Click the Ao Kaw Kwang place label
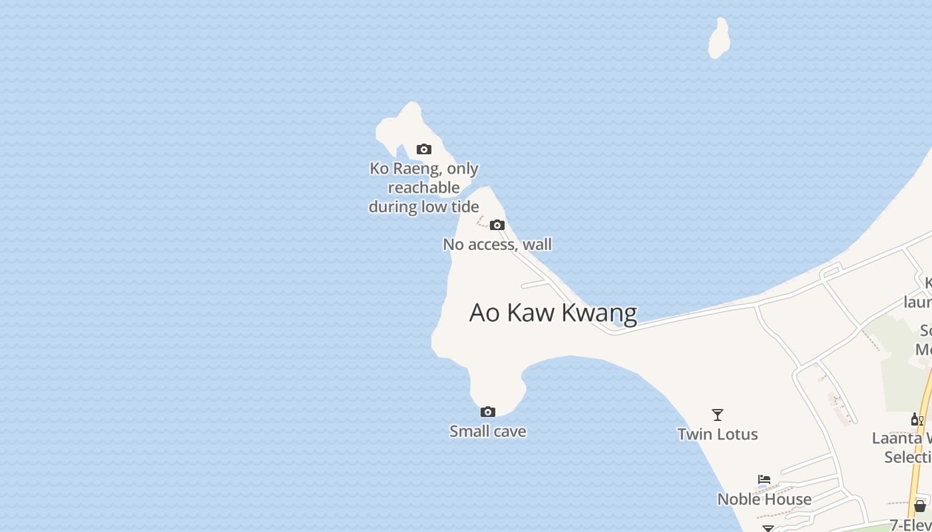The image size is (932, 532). pos(553,313)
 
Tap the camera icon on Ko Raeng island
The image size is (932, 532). pos(424,149)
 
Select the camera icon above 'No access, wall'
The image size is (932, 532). pos(497,225)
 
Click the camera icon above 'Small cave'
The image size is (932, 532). pos(488,412)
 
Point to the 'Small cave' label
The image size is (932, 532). pos(488,432)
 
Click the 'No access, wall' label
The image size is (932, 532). pos(497,245)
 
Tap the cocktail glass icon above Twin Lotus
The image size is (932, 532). pos(718,415)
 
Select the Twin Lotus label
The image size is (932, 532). pos(718,434)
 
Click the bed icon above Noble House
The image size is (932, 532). pos(764,479)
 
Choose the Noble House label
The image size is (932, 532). pos(764,499)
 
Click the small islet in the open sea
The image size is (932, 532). pos(718,39)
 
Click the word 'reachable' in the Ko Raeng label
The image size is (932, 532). pos(424,188)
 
